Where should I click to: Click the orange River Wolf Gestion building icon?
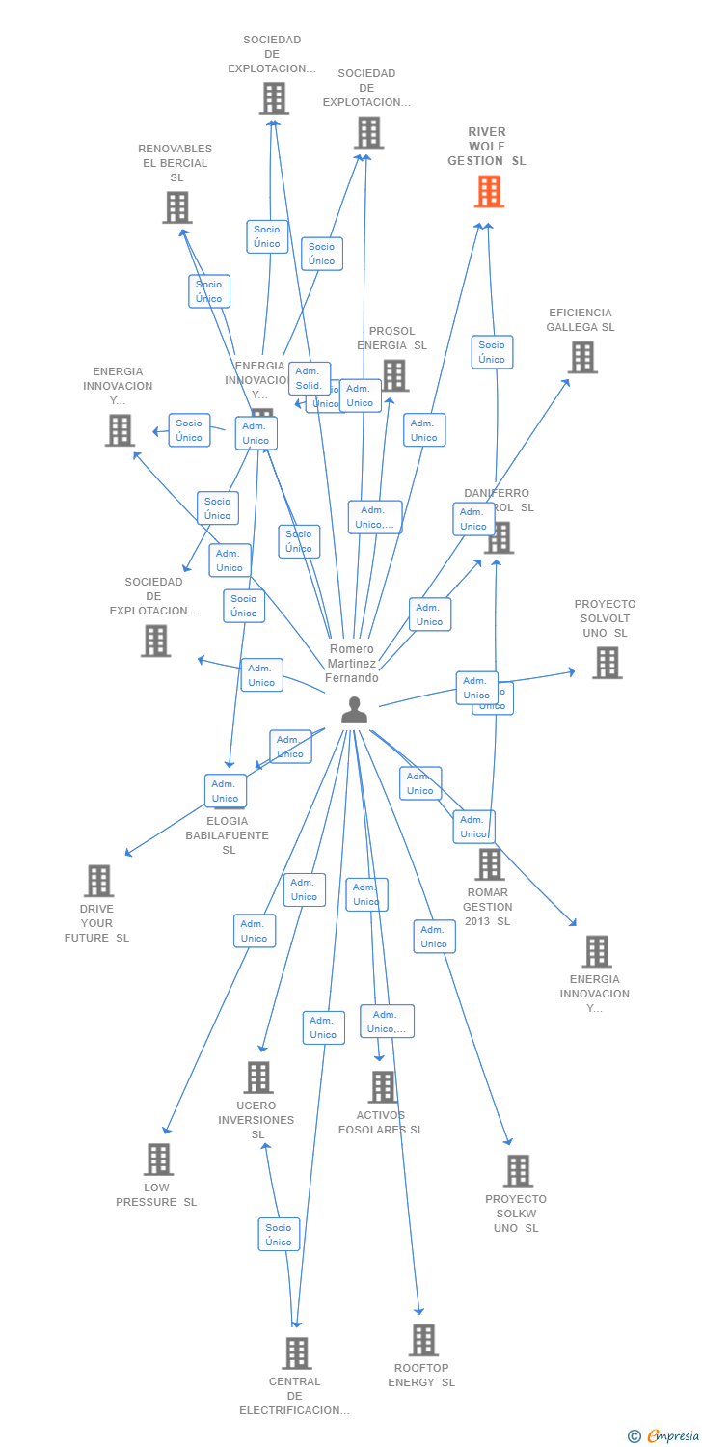coord(489,192)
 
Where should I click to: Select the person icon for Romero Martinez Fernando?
coord(355,709)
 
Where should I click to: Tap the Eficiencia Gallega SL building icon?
coord(582,357)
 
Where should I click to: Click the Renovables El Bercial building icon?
coord(177,207)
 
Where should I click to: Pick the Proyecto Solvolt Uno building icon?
coord(607,663)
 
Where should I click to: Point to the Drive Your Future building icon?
coord(98,881)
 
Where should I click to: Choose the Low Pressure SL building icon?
coord(158,1160)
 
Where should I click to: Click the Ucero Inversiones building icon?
coord(258,1078)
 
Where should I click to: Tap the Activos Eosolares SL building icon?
coord(383,1087)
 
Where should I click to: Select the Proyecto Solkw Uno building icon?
coord(518,1171)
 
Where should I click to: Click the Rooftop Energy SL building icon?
coord(423,1340)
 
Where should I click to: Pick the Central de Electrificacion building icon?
coord(297,1353)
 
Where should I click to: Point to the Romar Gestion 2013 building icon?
coord(490,864)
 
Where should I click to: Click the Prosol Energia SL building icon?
coord(394,375)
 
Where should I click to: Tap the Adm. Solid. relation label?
coord(309,378)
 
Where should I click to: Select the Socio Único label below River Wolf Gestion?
coord(492,352)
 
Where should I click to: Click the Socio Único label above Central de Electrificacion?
coord(279,1235)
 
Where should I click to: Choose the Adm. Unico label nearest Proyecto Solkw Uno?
coord(434,937)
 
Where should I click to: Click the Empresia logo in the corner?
coord(664,1436)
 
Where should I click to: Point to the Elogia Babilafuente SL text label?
coord(228,835)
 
